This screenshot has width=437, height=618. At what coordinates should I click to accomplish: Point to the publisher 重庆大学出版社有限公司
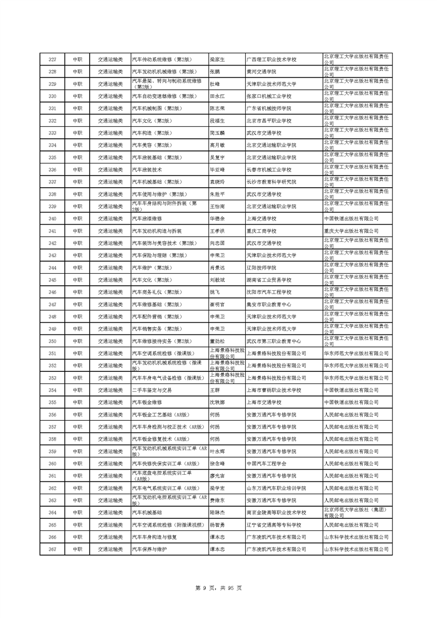tap(352, 231)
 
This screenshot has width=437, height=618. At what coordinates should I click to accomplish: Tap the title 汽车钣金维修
tap(146, 402)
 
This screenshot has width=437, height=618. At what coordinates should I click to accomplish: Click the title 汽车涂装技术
tap(147, 170)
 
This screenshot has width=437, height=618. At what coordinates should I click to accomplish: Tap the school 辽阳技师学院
tap(261, 268)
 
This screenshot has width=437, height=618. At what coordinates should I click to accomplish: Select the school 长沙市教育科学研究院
tap(271, 182)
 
